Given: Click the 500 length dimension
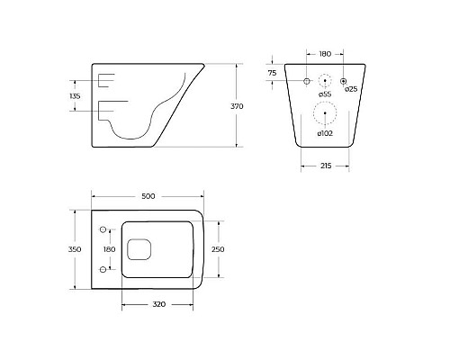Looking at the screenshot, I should pyautogui.click(x=148, y=195).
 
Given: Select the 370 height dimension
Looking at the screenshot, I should pyautogui.click(x=238, y=105).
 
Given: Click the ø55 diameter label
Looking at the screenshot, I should pyautogui.click(x=325, y=94).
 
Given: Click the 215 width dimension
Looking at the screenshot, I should pyautogui.click(x=324, y=166).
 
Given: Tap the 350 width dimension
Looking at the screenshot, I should pyautogui.click(x=76, y=248).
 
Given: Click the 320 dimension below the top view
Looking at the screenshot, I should pyautogui.click(x=158, y=304).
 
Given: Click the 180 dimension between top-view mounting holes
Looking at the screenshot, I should pyautogui.click(x=110, y=248).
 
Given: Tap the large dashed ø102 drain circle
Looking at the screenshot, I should pyautogui.click(x=325, y=113).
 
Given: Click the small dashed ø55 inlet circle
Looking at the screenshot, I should pyautogui.click(x=325, y=81).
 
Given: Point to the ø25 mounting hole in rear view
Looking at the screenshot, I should pyautogui.click(x=343, y=81).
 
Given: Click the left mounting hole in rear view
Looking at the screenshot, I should pyautogui.click(x=307, y=81).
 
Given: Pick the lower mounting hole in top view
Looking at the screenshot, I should pyautogui.click(x=104, y=268).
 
